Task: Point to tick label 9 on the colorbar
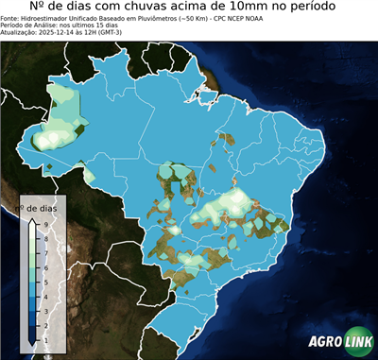click(44, 224)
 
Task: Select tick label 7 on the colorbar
click(44, 252)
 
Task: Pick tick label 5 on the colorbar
click(44, 282)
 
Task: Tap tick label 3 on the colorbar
click(44, 310)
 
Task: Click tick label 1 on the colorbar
click(44, 339)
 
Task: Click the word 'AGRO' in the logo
click(324, 343)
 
